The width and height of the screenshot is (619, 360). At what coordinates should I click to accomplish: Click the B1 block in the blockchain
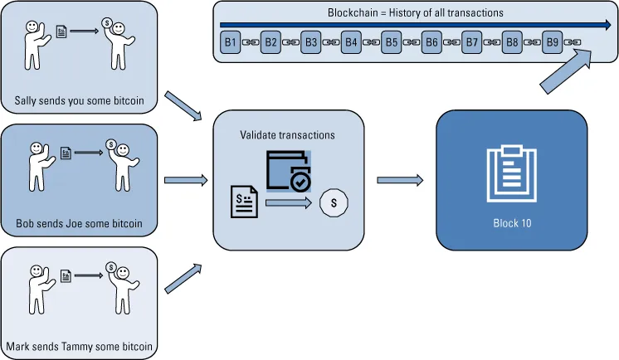pos(230,41)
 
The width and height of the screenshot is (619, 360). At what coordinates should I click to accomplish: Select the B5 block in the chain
pos(392,41)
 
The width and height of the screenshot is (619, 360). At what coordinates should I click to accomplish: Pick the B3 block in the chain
pos(310,41)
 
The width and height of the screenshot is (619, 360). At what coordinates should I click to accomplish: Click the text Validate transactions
pos(288,134)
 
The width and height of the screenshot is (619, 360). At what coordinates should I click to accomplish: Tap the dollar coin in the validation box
pos(334,202)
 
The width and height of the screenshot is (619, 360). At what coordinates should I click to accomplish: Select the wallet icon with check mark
pos(288,171)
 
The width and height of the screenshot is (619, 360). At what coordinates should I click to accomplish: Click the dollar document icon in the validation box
pos(245,202)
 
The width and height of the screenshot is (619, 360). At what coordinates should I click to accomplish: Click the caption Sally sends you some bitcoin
pos(79,102)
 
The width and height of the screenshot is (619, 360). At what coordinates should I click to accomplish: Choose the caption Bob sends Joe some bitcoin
pos(79,224)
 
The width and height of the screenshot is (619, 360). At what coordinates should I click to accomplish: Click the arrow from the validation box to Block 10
pos(400,180)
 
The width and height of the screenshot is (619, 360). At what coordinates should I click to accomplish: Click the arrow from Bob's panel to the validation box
pos(186,180)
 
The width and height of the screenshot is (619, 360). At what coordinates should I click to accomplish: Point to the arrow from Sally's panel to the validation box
pos(184,105)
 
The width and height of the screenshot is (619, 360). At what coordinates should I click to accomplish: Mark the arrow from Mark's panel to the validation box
pos(184,279)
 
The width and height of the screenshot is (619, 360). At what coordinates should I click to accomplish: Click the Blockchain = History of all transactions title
pos(415,13)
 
